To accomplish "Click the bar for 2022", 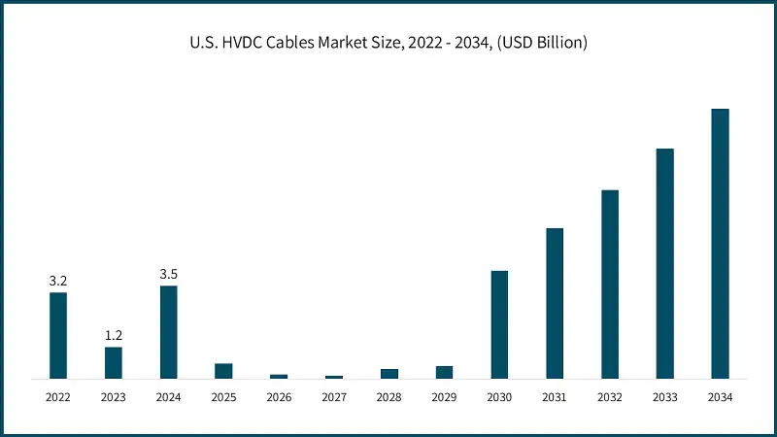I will pyautogui.click(x=58, y=335).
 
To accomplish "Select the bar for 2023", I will pyautogui.click(x=114, y=362).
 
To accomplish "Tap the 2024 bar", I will pyautogui.click(x=169, y=331).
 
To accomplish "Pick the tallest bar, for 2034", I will pyautogui.click(x=720, y=243).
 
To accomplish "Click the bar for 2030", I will pyautogui.click(x=499, y=323).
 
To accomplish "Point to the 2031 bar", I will pyautogui.click(x=555, y=302).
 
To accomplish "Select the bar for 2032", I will pyautogui.click(x=610, y=284).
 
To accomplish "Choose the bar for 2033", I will pyautogui.click(x=664, y=262).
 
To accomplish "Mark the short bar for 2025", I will pyautogui.click(x=223, y=371).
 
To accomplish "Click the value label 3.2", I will pyautogui.click(x=58, y=281).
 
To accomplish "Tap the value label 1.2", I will pyautogui.click(x=114, y=336).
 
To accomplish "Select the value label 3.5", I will pyautogui.click(x=169, y=274).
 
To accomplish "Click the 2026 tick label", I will pyautogui.click(x=279, y=397).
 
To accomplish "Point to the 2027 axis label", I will pyautogui.click(x=334, y=397).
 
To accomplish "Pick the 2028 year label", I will pyautogui.click(x=389, y=397).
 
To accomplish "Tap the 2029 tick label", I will pyautogui.click(x=444, y=397).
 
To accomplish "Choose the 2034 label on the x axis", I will pyautogui.click(x=720, y=397).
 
